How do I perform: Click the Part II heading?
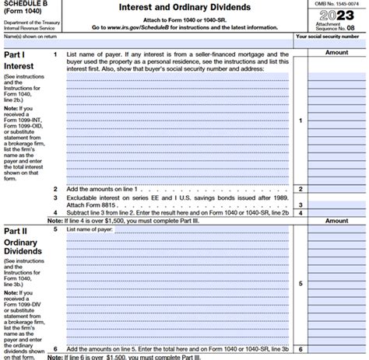tap(16, 231)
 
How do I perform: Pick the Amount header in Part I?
tap(336, 51)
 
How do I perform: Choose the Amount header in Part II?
tap(336, 221)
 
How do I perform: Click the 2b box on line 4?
tap(285, 212)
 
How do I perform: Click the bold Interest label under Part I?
tap(19, 67)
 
